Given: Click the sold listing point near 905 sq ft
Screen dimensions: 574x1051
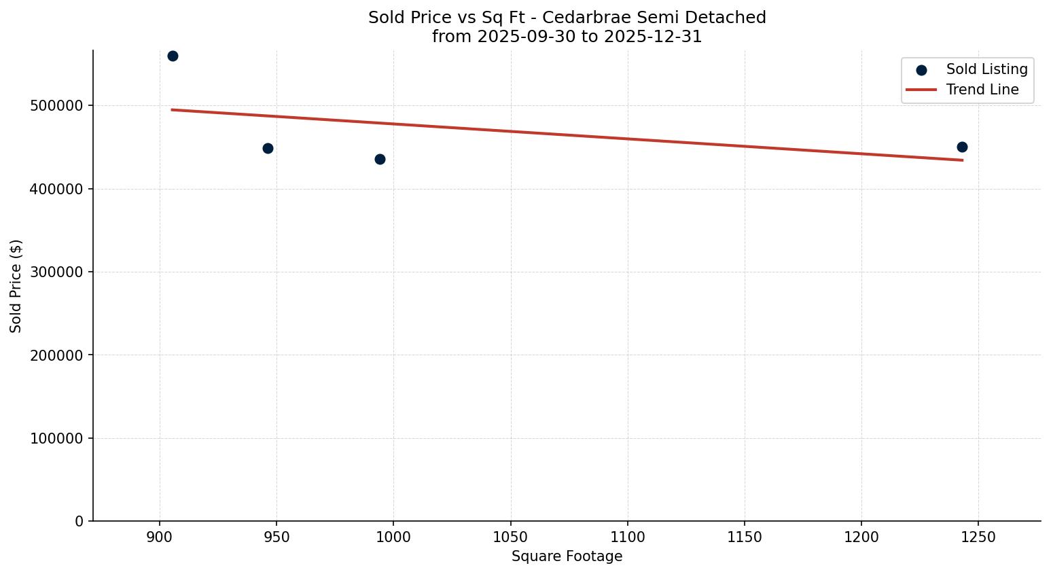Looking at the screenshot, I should coord(173,56).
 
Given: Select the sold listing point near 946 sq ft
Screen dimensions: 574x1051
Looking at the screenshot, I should coord(268,148).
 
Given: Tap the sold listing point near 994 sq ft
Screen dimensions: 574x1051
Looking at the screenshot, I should coord(380,159).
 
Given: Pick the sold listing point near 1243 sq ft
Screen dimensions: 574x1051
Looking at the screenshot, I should coord(962,147).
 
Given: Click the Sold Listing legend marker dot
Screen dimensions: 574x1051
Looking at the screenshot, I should coord(921,70).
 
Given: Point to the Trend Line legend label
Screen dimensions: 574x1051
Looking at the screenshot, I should coord(982,90).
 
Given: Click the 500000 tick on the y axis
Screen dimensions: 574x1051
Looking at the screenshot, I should coord(56,106).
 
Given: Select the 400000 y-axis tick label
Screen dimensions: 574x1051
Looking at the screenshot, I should coord(56,189).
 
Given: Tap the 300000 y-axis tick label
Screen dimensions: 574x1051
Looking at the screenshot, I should coord(56,272).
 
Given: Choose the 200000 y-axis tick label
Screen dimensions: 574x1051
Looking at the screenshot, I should coord(56,355).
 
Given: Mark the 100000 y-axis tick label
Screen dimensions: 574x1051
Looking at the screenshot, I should coord(56,439).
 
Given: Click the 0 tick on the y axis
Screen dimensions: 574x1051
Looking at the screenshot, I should coord(79,522).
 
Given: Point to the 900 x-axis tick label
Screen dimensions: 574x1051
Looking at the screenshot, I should coord(160,537).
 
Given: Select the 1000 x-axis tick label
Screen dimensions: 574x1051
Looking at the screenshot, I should coord(393,537).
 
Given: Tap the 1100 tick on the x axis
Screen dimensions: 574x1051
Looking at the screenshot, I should coord(627,537).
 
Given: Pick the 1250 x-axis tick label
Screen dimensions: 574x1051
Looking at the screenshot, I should coord(978,537).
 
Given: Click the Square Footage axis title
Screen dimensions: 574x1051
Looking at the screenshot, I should coord(567,556).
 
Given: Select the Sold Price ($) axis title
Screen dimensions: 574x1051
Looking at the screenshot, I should coord(16,286).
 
